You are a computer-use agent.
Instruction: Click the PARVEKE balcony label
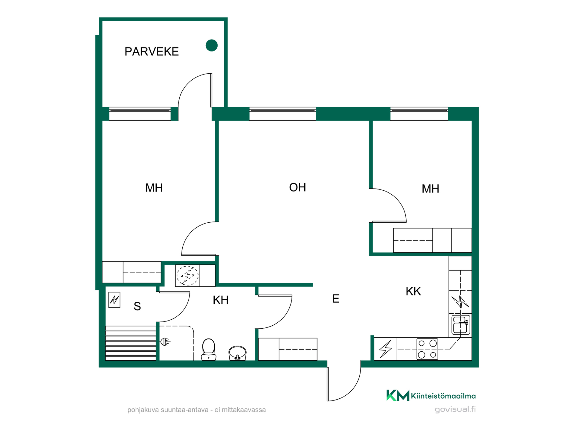152,51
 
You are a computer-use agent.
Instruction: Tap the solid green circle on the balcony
212,45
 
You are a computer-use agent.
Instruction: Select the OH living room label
297,187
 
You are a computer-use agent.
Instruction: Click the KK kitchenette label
413,291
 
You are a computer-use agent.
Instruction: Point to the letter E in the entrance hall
336,299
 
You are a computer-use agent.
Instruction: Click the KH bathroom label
221,300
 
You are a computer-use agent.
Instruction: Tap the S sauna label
137,306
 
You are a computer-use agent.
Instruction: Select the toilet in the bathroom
209,349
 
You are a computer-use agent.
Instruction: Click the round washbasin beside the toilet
237,353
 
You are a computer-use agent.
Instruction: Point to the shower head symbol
165,342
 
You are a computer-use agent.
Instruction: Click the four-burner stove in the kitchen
427,349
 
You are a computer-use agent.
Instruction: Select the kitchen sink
461,324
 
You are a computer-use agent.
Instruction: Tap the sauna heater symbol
114,300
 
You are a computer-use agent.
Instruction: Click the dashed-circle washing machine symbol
187,275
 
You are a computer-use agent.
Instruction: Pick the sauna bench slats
131,343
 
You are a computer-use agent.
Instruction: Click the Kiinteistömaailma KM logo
398,395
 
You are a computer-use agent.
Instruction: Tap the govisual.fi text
455,409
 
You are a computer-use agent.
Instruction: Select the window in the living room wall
283,114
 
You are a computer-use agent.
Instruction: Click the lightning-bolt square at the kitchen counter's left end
386,349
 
